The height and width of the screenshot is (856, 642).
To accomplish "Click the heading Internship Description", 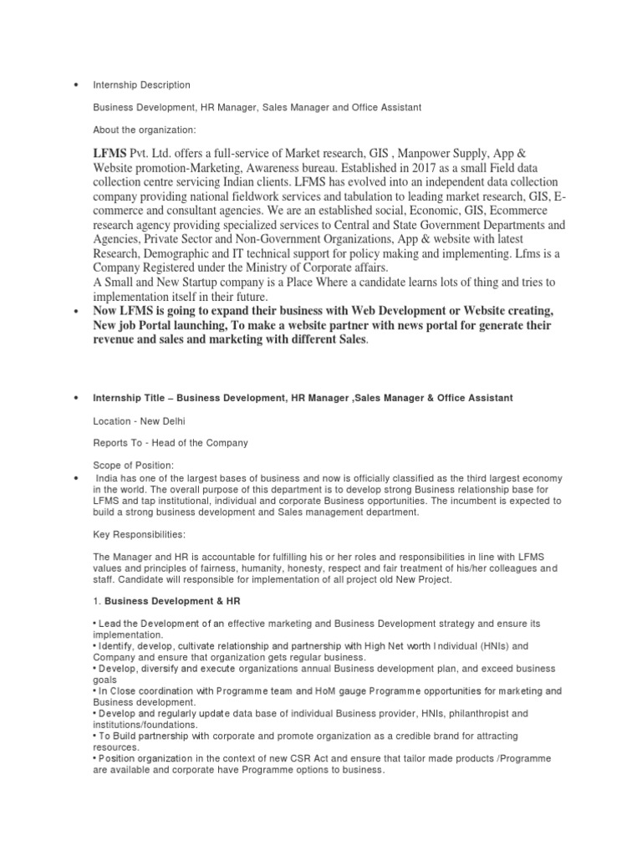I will tap(141, 85).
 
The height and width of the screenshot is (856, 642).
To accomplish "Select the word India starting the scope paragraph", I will tap(110, 478).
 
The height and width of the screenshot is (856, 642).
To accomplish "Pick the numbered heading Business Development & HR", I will tap(170, 599).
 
